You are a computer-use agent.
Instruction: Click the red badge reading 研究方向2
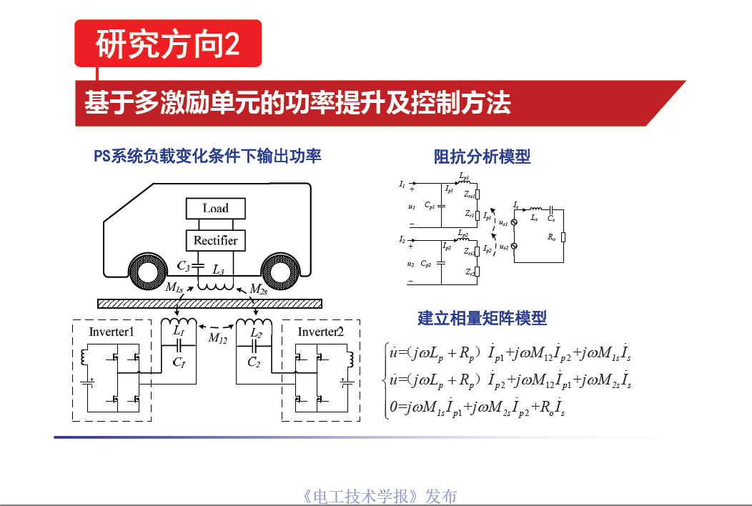pyautogui.click(x=168, y=44)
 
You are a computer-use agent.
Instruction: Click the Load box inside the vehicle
pyautogui.click(x=215, y=208)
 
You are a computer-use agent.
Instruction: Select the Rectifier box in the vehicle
pyautogui.click(x=215, y=240)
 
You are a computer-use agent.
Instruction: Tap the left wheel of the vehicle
pyautogui.click(x=150, y=273)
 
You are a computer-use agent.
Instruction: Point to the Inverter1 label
pyautogui.click(x=111, y=332)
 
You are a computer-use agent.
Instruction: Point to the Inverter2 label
pyautogui.click(x=320, y=332)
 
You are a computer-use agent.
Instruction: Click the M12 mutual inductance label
pyautogui.click(x=217, y=339)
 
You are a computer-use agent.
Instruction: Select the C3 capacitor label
pyautogui.click(x=184, y=266)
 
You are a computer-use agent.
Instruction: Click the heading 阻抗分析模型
pyautogui.click(x=482, y=157)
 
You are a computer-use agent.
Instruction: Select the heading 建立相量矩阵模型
pyautogui.click(x=482, y=318)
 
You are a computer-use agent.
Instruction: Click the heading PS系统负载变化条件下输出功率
pyautogui.click(x=207, y=156)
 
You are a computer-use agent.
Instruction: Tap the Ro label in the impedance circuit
pyautogui.click(x=551, y=237)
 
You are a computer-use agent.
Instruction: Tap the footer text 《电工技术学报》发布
pyautogui.click(x=380, y=496)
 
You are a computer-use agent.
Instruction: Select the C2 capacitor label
pyautogui.click(x=254, y=362)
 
